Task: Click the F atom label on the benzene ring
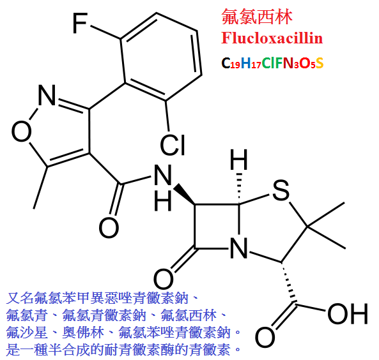(79, 23)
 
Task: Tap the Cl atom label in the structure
(173, 145)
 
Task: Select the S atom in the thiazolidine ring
(281, 190)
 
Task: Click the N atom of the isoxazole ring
(47, 95)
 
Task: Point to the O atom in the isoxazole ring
(21, 131)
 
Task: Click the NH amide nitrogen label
(163, 188)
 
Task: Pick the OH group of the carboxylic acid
(347, 313)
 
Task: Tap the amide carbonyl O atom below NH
(109, 227)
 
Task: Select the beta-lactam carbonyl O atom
(164, 279)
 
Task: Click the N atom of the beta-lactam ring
(238, 248)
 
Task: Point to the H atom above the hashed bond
(238, 160)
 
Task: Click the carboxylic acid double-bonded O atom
(265, 337)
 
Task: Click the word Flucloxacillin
(272, 38)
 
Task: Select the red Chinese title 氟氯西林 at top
(257, 16)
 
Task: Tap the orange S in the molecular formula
(319, 63)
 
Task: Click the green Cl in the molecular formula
(269, 63)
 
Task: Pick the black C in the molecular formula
(226, 63)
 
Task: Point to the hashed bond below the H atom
(239, 188)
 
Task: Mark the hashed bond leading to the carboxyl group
(288, 282)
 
